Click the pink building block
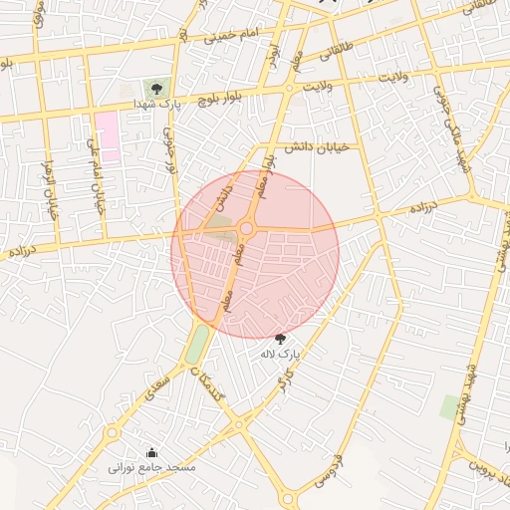click(x=108, y=136)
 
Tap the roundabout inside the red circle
click(x=246, y=230)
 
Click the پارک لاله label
click(x=280, y=354)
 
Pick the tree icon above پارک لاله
click(x=280, y=339)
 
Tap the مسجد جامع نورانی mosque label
click(x=152, y=466)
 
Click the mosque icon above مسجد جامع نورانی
click(x=151, y=451)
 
